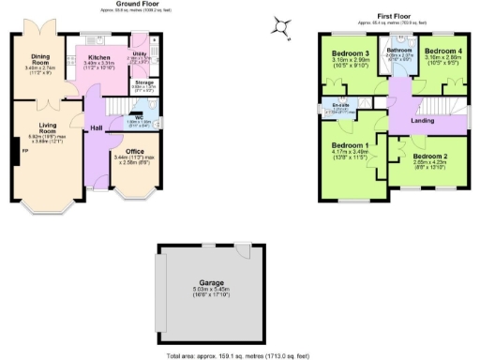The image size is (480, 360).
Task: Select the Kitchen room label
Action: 100,58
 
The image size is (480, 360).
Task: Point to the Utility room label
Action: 139,55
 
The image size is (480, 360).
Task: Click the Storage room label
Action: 144,82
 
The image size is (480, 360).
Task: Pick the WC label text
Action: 137,117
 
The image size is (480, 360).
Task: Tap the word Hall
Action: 96,127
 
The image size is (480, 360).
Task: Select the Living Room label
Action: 49,129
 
